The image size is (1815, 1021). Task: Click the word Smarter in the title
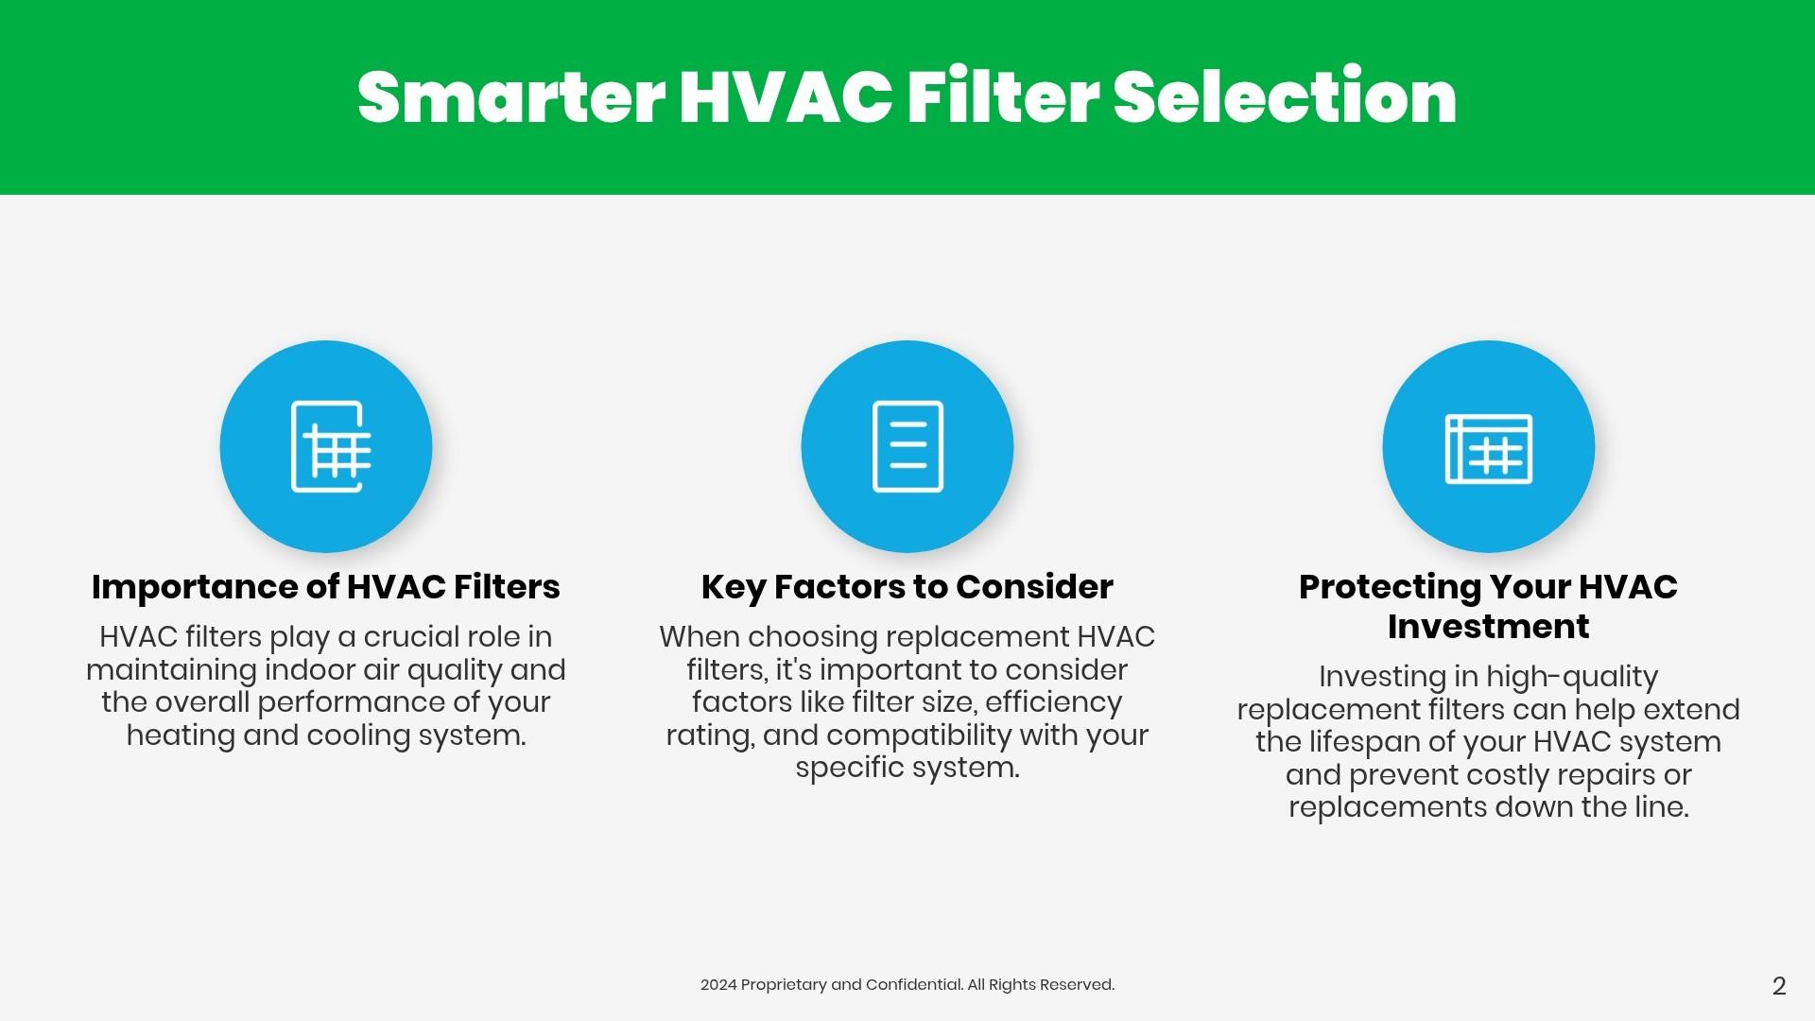point(511,97)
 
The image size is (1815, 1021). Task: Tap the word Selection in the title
point(1285,97)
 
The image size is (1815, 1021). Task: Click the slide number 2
point(1779,986)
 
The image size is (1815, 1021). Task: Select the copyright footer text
point(907,985)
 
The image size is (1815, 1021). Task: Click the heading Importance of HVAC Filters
point(326,587)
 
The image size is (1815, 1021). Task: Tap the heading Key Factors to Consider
point(907,587)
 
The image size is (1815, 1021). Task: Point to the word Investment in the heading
point(1489,627)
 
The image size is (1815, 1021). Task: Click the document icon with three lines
point(907,446)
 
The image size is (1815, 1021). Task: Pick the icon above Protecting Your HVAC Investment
point(1489,448)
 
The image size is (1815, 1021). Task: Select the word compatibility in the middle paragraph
point(925,735)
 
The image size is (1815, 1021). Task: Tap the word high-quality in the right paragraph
point(1572,678)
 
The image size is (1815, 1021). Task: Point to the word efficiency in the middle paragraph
point(1053,702)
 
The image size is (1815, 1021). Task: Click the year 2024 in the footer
point(717,985)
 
